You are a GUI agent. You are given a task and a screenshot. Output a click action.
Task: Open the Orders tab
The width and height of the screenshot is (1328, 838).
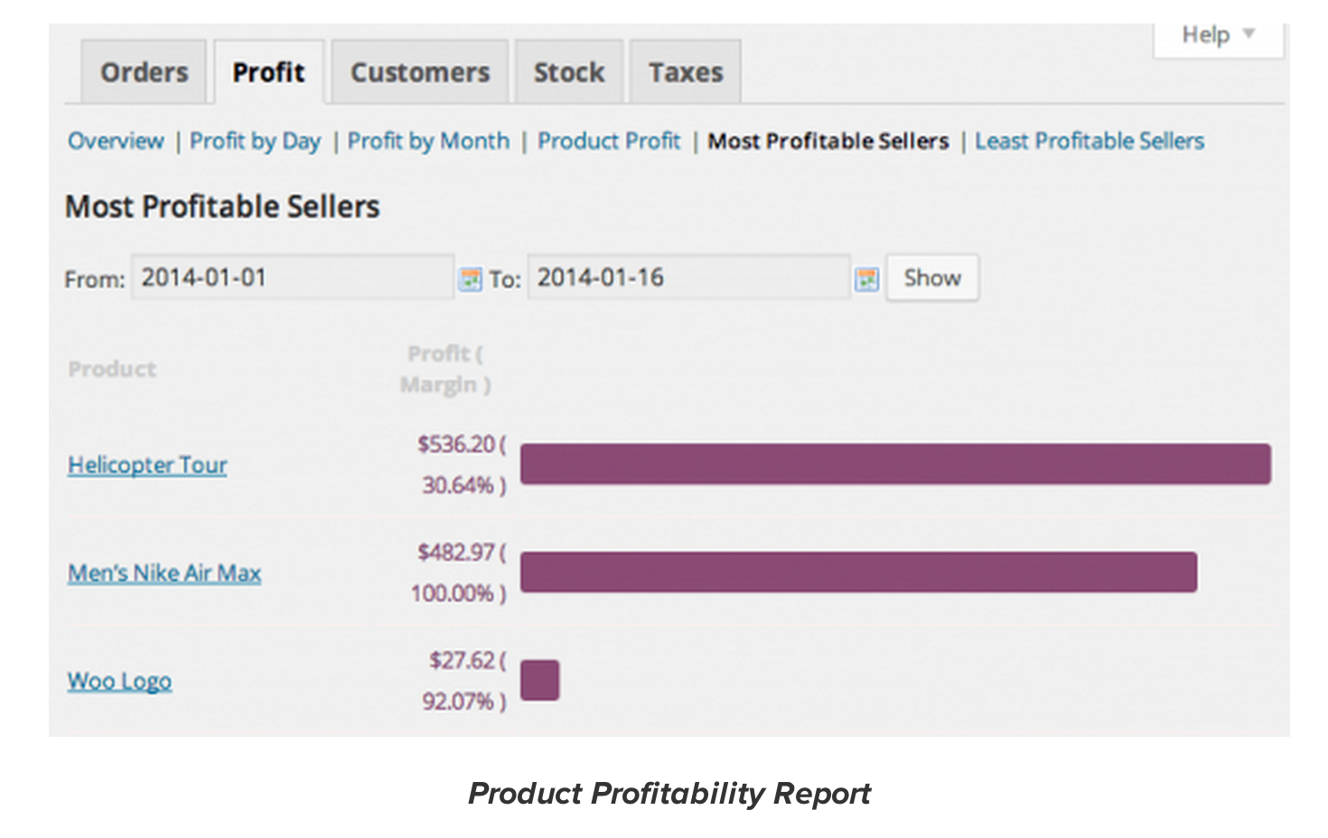144,72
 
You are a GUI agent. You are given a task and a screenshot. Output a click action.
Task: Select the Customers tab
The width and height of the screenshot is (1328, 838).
420,72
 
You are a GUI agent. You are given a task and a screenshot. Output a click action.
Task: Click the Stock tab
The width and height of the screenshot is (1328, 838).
568,72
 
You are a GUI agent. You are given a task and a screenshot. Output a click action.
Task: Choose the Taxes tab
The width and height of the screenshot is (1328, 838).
686,72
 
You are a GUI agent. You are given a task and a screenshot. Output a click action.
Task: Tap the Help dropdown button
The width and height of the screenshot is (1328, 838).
1218,35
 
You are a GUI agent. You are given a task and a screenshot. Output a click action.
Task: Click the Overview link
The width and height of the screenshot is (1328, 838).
116,141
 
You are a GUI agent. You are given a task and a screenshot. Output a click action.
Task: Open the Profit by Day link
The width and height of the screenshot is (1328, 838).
255,141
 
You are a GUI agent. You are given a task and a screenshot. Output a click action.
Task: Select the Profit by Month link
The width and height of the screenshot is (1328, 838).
428,141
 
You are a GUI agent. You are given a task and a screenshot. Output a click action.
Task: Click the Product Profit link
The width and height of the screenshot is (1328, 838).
609,141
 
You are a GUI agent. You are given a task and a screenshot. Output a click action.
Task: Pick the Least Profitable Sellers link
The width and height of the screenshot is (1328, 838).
1089,141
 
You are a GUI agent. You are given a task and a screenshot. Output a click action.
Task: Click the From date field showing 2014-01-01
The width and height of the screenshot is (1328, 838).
291,277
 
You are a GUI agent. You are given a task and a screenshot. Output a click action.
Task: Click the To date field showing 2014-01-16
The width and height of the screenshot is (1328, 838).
687,277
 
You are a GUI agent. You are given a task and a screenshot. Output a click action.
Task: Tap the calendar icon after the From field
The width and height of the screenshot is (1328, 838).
470,279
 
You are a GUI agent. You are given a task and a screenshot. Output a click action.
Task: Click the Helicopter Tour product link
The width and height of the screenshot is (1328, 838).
147,465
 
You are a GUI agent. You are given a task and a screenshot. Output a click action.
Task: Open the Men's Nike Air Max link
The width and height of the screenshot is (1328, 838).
164,573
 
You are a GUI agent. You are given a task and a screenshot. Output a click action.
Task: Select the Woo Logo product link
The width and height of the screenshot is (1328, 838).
119,681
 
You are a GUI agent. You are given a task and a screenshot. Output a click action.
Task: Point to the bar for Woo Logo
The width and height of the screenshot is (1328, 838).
539,680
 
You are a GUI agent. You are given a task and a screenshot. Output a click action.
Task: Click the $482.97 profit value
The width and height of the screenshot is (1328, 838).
456,552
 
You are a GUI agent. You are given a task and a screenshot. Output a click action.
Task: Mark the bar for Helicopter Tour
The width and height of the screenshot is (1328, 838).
894,463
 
